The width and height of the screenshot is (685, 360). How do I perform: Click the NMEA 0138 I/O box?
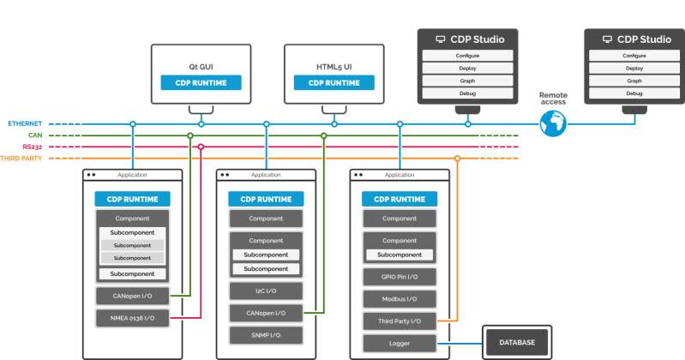(132, 318)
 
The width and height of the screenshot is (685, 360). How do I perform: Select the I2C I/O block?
(266, 291)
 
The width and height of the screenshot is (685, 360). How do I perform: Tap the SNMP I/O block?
(266, 334)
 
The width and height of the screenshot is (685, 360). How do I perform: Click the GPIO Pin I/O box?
(400, 278)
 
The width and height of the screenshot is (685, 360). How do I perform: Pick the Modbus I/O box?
(400, 299)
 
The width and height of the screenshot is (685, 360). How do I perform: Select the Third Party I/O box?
(400, 321)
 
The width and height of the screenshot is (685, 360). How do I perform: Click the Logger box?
(400, 343)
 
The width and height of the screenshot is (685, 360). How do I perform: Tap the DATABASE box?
(517, 343)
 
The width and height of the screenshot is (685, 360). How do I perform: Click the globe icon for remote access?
(553, 124)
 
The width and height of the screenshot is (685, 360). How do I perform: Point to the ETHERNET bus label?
(25, 124)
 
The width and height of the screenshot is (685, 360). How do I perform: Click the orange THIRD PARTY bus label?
(22, 159)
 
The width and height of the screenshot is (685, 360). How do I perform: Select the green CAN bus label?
(36, 135)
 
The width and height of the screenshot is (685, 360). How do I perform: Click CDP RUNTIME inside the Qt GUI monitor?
(201, 83)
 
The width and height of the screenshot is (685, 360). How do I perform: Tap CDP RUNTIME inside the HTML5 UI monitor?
(333, 83)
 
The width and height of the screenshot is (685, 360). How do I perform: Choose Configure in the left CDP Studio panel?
(467, 56)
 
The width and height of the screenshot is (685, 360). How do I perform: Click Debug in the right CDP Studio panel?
(634, 93)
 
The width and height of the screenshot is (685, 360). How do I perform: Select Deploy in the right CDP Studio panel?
(634, 68)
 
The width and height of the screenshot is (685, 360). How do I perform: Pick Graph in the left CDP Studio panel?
(467, 81)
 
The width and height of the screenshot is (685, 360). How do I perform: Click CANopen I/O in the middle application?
(266, 313)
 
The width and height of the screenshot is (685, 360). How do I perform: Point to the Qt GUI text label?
(201, 66)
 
